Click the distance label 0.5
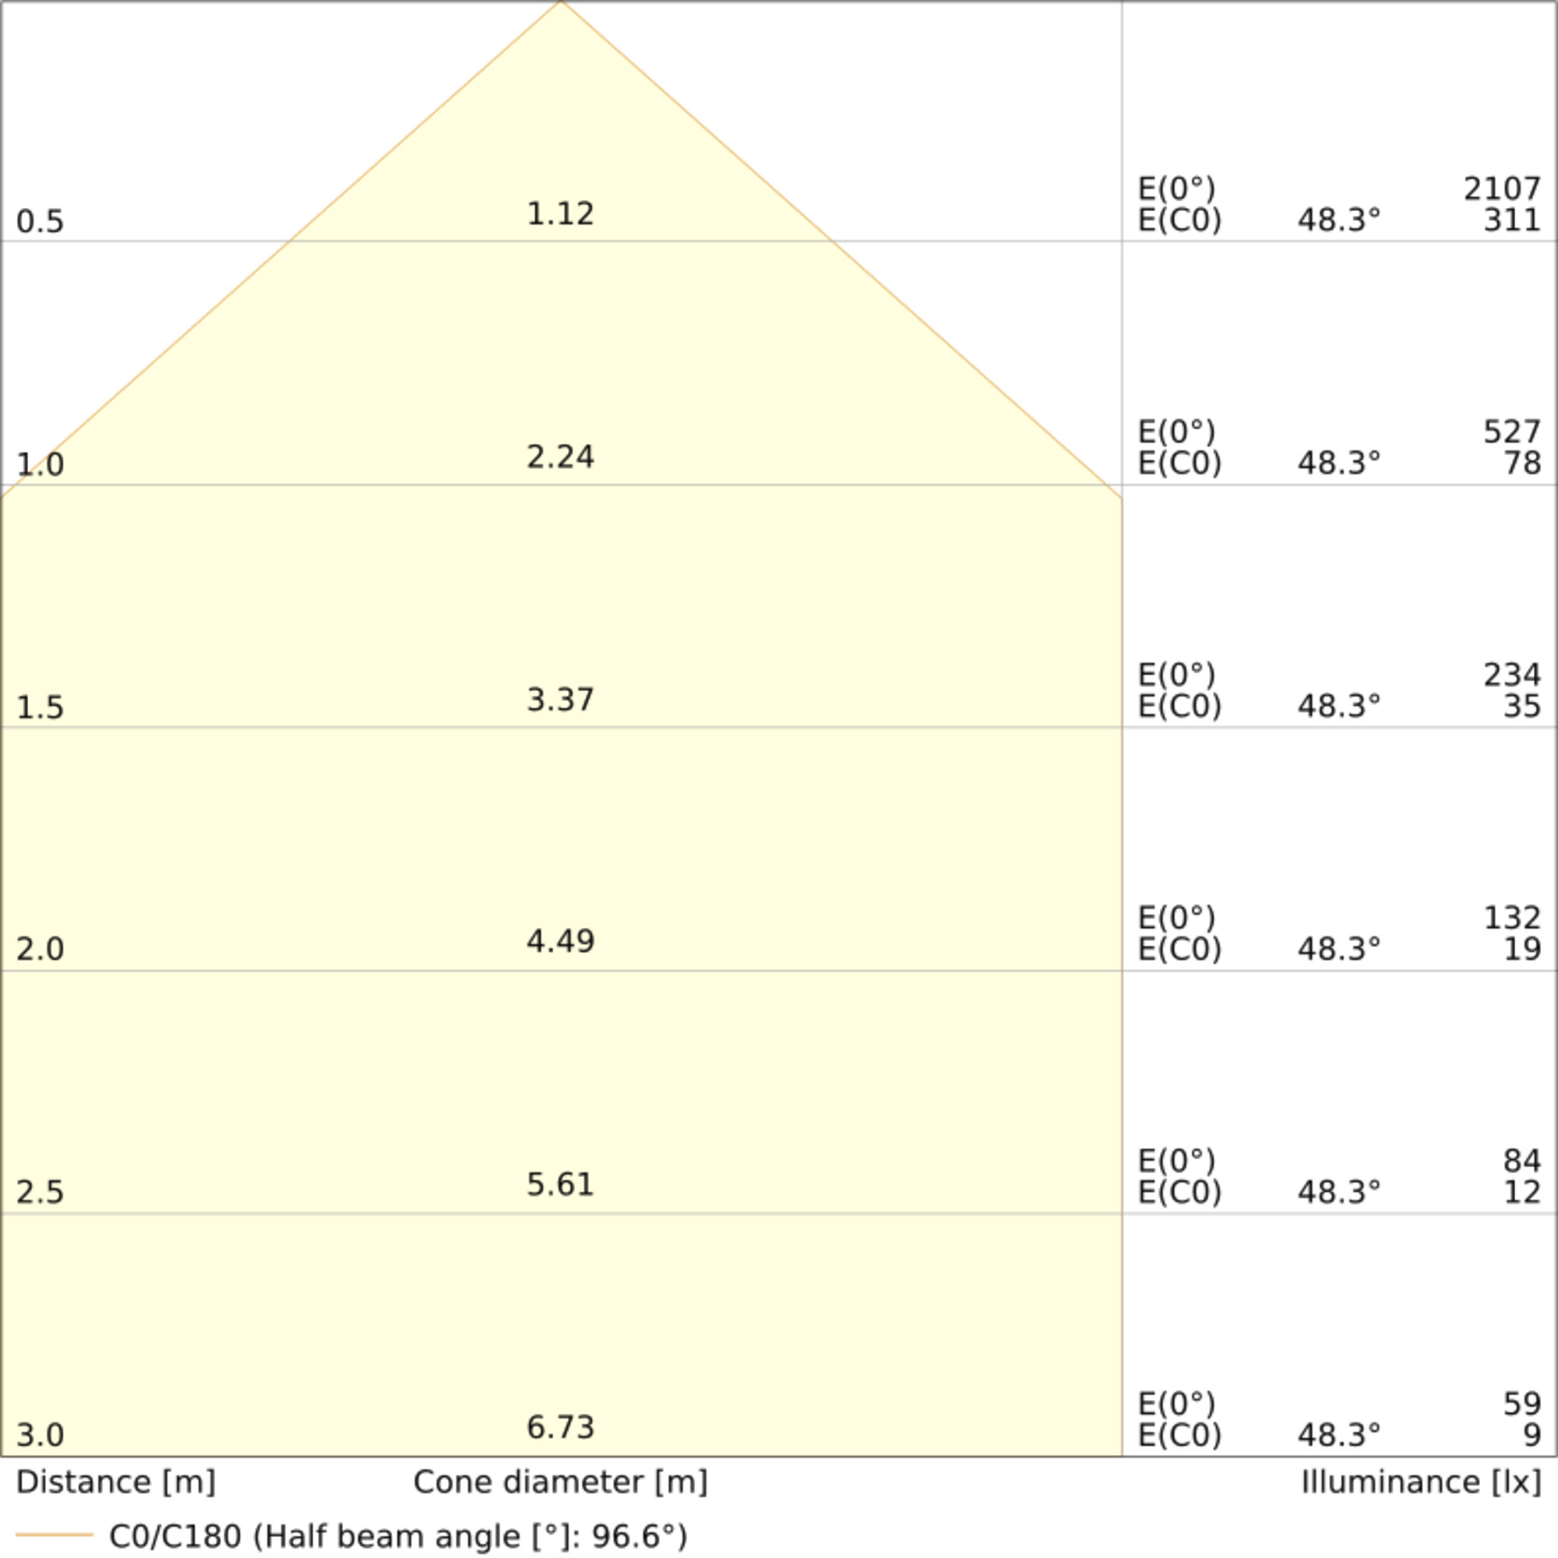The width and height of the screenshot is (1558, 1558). [40, 222]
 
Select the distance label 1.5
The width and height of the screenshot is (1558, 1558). [40, 707]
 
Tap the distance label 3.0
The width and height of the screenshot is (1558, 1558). [40, 1435]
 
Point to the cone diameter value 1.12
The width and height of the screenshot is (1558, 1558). [560, 213]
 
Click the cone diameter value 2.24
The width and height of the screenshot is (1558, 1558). [560, 457]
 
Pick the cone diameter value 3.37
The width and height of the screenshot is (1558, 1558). [560, 700]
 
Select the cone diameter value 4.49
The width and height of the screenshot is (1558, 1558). [560, 941]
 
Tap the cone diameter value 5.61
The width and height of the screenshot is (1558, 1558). [560, 1185]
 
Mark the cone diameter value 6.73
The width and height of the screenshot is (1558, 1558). [560, 1427]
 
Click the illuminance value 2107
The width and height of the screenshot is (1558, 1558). [1502, 189]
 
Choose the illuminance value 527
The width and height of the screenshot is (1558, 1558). [1511, 432]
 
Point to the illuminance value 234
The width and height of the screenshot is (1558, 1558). [1511, 675]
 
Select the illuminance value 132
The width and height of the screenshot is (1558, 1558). [1511, 918]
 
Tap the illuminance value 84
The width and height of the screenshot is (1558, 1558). [1521, 1161]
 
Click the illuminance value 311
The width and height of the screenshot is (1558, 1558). [1511, 220]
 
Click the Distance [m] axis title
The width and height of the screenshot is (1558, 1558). [115, 1482]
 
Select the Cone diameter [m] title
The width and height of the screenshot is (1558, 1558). [560, 1482]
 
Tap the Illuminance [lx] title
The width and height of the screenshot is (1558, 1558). [1421, 1482]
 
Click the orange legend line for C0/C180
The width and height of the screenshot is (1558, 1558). [55, 1535]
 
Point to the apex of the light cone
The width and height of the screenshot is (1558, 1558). [561, 2]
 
